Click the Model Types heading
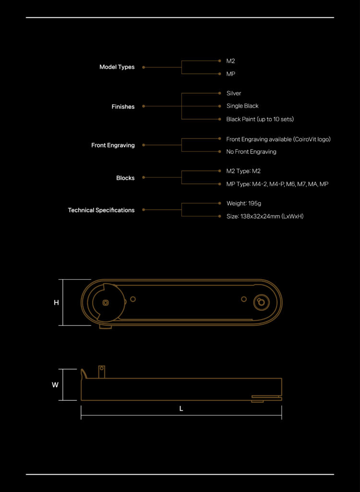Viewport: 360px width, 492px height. coord(117,67)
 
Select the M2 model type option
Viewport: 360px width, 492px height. coord(230,61)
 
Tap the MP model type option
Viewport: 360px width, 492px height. coord(230,74)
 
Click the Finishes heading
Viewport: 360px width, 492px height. coord(123,107)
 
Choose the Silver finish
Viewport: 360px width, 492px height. coord(234,93)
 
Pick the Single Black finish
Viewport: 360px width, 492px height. coord(242,106)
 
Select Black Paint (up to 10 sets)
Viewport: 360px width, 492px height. coord(260,119)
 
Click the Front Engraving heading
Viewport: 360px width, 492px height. coord(113,145)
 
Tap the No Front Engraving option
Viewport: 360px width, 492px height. coord(251,152)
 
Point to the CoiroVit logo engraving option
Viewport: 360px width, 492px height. coord(278,139)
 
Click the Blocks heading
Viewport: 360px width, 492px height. coord(125,178)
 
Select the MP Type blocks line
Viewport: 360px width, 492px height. coord(277,184)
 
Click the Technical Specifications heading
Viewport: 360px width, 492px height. coord(101,210)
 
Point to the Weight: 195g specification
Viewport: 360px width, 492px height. coord(244,203)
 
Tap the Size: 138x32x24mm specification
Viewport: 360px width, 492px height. coord(265,217)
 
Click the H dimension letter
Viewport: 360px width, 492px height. coord(57,303)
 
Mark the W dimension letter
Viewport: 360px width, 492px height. coord(55,385)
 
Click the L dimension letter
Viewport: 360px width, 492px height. coord(181,409)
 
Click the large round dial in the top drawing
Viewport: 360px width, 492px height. coord(106,302)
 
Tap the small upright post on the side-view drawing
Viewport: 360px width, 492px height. coord(102,372)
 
